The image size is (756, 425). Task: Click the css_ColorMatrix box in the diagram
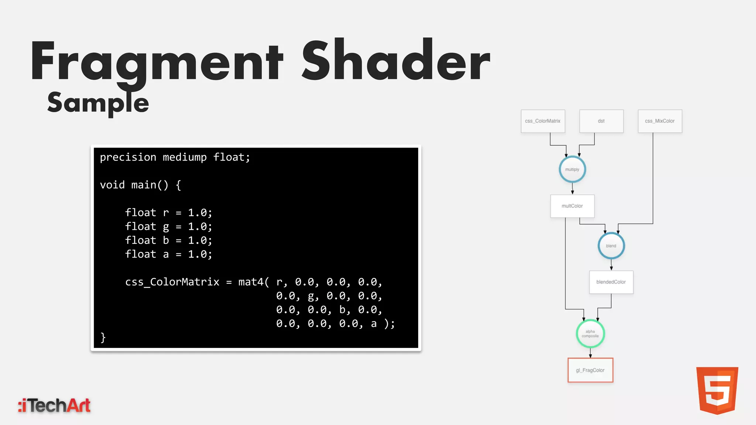point(543,121)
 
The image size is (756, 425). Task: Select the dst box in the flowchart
point(601,121)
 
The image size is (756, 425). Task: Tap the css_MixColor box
point(660,121)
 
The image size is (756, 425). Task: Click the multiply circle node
point(572,169)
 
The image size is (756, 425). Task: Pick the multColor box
point(572,206)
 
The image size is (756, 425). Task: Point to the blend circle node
point(611,246)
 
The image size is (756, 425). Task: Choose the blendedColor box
point(611,282)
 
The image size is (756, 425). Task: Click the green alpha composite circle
point(590,334)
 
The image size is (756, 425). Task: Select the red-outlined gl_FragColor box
point(590,370)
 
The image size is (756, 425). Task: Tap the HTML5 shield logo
point(717,390)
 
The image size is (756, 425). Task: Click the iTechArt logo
point(54,405)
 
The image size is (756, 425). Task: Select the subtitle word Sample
point(98,103)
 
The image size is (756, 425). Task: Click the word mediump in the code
point(185,157)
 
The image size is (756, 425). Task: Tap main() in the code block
point(150,185)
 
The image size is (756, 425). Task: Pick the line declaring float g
point(168,227)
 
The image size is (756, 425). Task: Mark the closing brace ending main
point(103,337)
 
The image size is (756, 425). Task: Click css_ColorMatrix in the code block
point(172,282)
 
